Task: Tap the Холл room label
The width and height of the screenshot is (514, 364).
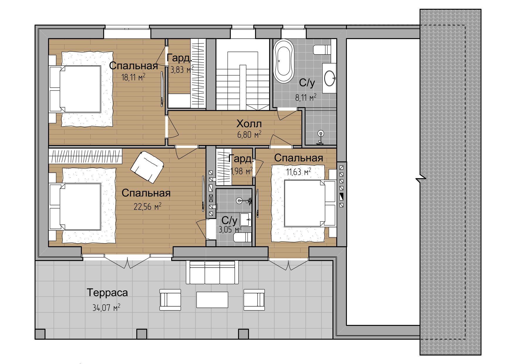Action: coord(249,124)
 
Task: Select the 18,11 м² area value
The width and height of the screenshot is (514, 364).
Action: coord(133,77)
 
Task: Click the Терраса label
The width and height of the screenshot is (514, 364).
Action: coord(107,293)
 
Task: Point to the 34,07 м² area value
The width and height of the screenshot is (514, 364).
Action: coord(106,307)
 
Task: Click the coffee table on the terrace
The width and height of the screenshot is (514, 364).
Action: coord(212,300)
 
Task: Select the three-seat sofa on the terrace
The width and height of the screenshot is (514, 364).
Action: coord(213,272)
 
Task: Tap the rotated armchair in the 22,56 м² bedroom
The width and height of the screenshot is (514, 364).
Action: coord(147,167)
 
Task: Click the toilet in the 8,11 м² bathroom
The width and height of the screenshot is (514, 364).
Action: coord(322,50)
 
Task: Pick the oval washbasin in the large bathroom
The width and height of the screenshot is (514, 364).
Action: coord(330,78)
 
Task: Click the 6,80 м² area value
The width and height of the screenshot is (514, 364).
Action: coord(249,135)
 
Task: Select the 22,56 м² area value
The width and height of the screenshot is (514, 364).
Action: coord(147,206)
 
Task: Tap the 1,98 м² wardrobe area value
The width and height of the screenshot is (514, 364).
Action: coord(241,171)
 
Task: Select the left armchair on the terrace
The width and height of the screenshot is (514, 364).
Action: coord(170,300)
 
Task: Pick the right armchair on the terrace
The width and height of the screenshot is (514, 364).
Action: coord(254,300)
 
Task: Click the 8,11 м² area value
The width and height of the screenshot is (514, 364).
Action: coord(306,97)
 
